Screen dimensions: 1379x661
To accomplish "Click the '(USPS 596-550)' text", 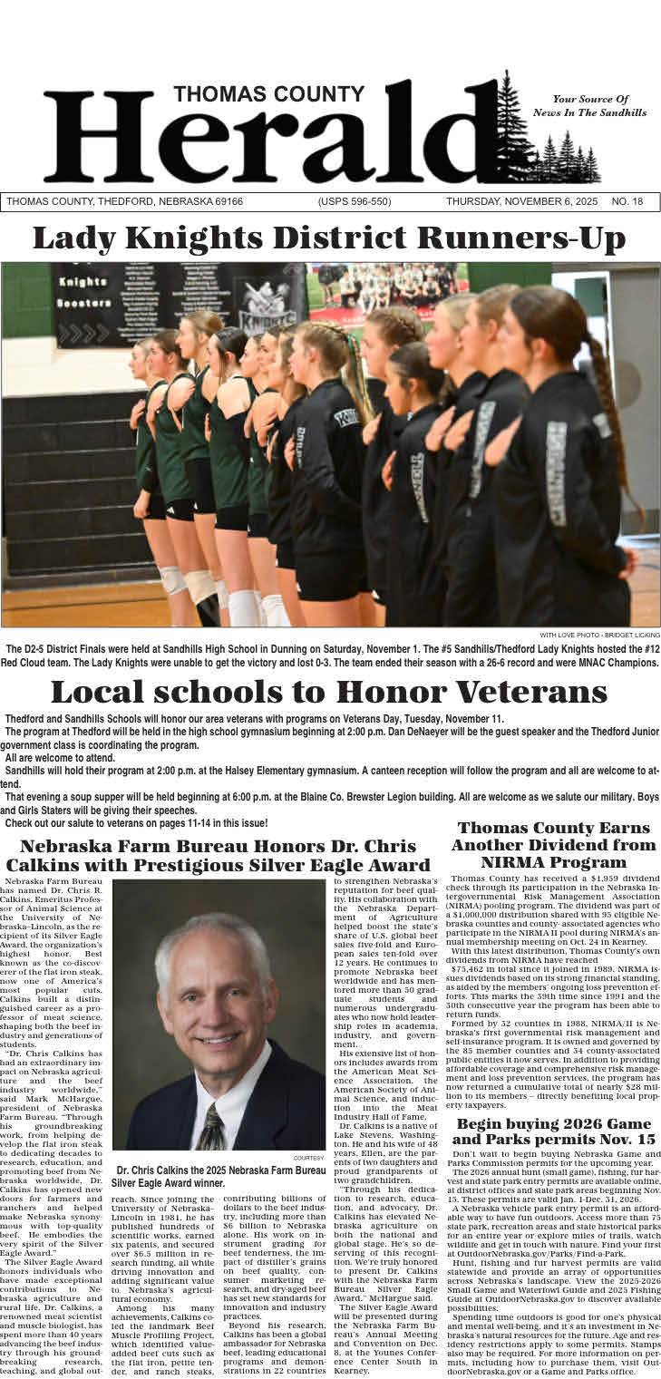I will [x=355, y=201].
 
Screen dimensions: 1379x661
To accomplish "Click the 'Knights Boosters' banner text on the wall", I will [x=83, y=292].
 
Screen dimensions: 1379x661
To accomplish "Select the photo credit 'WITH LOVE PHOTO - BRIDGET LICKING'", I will [x=599, y=635].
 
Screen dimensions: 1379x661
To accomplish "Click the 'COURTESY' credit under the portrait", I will [x=308, y=1158].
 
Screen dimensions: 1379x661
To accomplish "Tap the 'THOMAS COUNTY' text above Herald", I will [x=269, y=94].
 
